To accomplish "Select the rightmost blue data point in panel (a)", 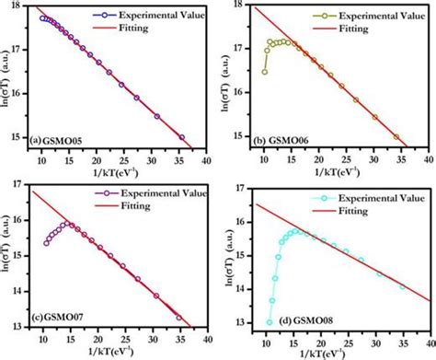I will (x=181, y=137).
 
